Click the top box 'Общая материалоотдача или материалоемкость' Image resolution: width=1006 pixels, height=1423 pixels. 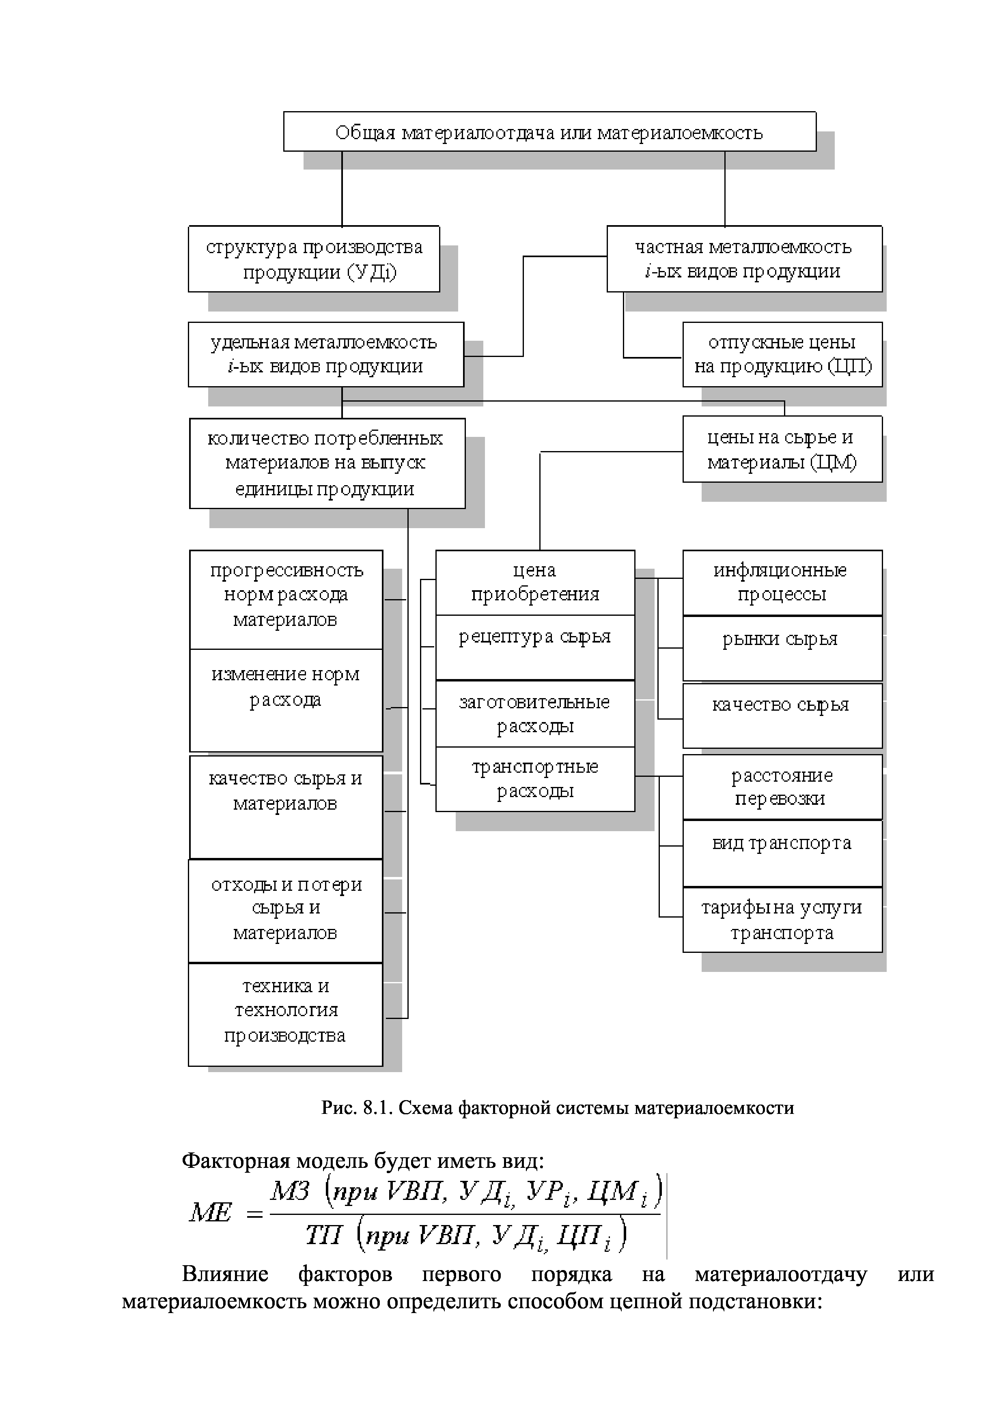(x=549, y=131)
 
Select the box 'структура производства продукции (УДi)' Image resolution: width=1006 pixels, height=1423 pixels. (x=314, y=259)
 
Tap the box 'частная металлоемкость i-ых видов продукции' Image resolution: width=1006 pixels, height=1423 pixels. (x=744, y=259)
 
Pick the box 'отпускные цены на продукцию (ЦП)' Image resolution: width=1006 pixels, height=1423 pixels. (x=782, y=355)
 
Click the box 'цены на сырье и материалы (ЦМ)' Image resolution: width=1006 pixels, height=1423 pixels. (x=782, y=449)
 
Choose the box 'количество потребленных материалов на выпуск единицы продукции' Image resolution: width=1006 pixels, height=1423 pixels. (x=327, y=464)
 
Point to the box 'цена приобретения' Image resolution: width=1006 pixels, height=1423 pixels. (x=535, y=583)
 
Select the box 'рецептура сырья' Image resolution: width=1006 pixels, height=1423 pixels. (x=535, y=648)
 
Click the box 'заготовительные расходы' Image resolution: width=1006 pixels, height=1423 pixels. (x=535, y=714)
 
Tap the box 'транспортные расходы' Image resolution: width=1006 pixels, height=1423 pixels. (x=535, y=779)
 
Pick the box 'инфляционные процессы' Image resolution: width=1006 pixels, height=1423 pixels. (x=782, y=583)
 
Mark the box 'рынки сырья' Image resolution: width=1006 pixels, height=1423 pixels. (x=782, y=648)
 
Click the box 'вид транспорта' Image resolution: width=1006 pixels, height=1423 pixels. (x=782, y=853)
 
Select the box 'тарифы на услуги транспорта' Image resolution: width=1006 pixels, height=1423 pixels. (x=782, y=920)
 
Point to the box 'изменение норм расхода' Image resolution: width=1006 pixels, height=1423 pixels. (x=285, y=700)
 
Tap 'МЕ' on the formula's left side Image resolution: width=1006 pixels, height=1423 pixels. (x=211, y=1213)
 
